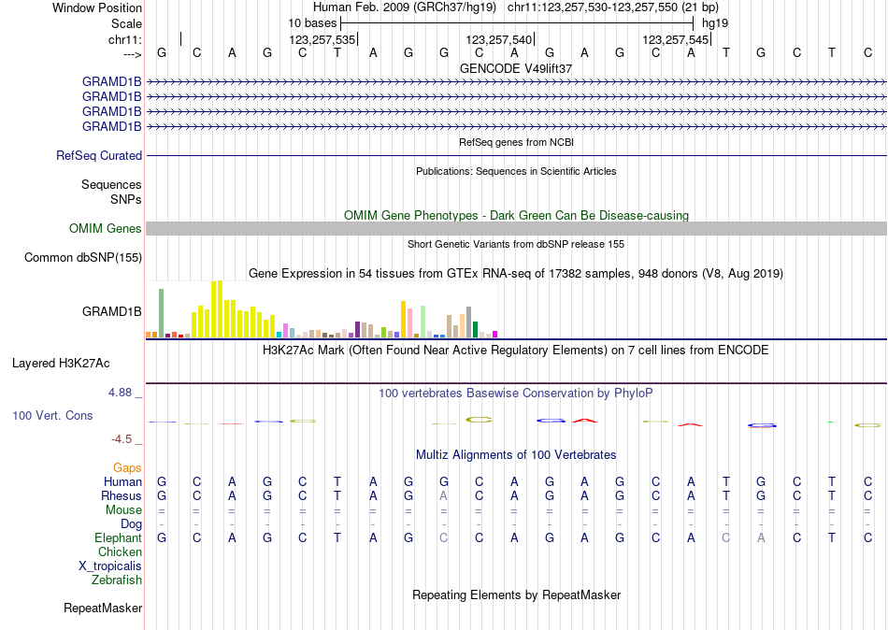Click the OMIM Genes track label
coord(105,229)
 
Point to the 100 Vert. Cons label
coord(52,415)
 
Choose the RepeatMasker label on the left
coord(103,609)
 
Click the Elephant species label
coord(118,538)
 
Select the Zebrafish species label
coord(117,580)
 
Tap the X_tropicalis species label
coord(110,566)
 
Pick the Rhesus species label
coord(122,496)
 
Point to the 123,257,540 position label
coord(498,40)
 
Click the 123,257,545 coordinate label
coord(676,40)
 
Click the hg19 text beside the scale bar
coord(715,22)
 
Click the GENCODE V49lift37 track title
coord(516,68)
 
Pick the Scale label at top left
coord(126,22)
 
